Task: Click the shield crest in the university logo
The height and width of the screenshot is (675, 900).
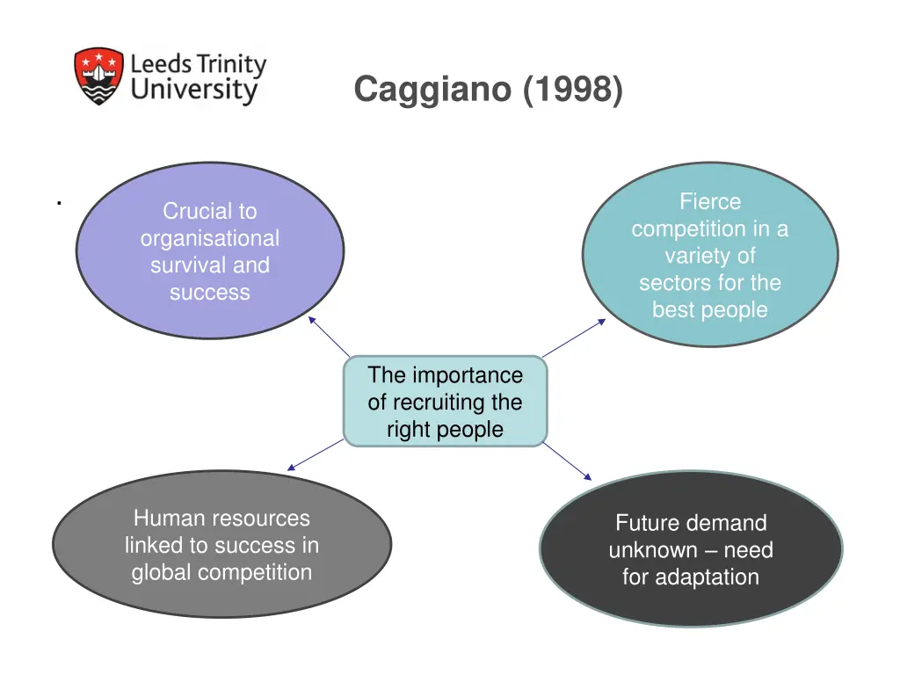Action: pos(98,76)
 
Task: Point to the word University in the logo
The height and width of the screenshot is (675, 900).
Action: pos(194,91)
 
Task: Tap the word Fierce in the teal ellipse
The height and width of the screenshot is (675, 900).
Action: pos(710,201)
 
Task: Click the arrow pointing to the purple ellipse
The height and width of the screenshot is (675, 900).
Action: pos(330,337)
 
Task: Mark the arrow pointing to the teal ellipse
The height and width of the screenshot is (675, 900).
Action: pos(574,337)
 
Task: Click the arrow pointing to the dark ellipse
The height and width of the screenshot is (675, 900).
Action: pos(568,462)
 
